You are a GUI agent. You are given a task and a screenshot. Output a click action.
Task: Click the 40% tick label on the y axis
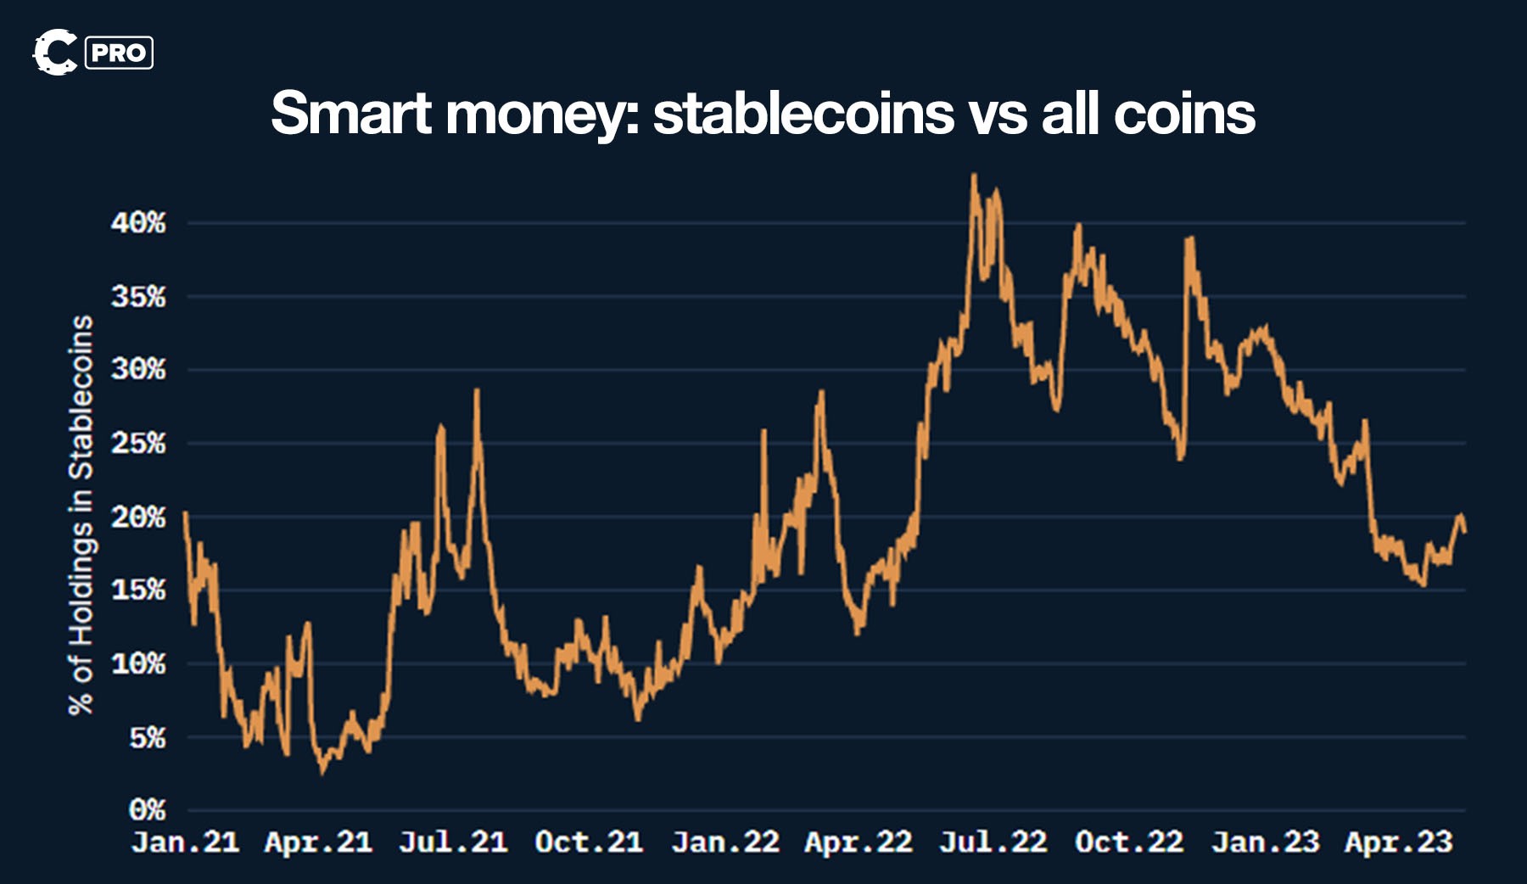pos(138,223)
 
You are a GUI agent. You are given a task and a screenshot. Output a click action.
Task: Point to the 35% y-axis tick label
pos(138,297)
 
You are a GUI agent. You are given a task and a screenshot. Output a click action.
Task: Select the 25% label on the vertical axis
pos(138,444)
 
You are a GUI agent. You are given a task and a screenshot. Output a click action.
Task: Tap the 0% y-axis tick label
pos(147,810)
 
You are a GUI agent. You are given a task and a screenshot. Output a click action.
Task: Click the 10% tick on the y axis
pos(138,663)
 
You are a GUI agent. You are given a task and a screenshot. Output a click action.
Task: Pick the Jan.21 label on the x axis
pos(185,842)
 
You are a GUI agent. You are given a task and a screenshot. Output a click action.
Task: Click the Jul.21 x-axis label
pos(453,842)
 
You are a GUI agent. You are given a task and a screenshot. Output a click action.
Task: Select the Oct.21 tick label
pos(589,842)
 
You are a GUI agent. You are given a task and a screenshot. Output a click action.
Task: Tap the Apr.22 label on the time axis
pos(859,842)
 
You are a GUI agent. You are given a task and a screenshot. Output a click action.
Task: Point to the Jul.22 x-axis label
pos(993,842)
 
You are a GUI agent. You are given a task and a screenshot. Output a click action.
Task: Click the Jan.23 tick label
pos(1265,842)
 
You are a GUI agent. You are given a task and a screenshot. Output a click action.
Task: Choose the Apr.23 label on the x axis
pos(1399,842)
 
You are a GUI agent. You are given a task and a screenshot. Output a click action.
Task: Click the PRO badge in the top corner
pos(119,53)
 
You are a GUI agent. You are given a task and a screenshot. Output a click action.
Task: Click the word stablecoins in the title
pos(803,114)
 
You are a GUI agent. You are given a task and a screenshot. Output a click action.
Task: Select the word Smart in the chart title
pos(350,114)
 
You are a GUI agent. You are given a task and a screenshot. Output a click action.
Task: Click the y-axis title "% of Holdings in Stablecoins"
pos(81,515)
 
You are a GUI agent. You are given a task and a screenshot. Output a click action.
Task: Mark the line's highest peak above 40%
pos(974,176)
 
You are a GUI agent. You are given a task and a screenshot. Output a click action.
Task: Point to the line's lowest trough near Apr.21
pos(322,770)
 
